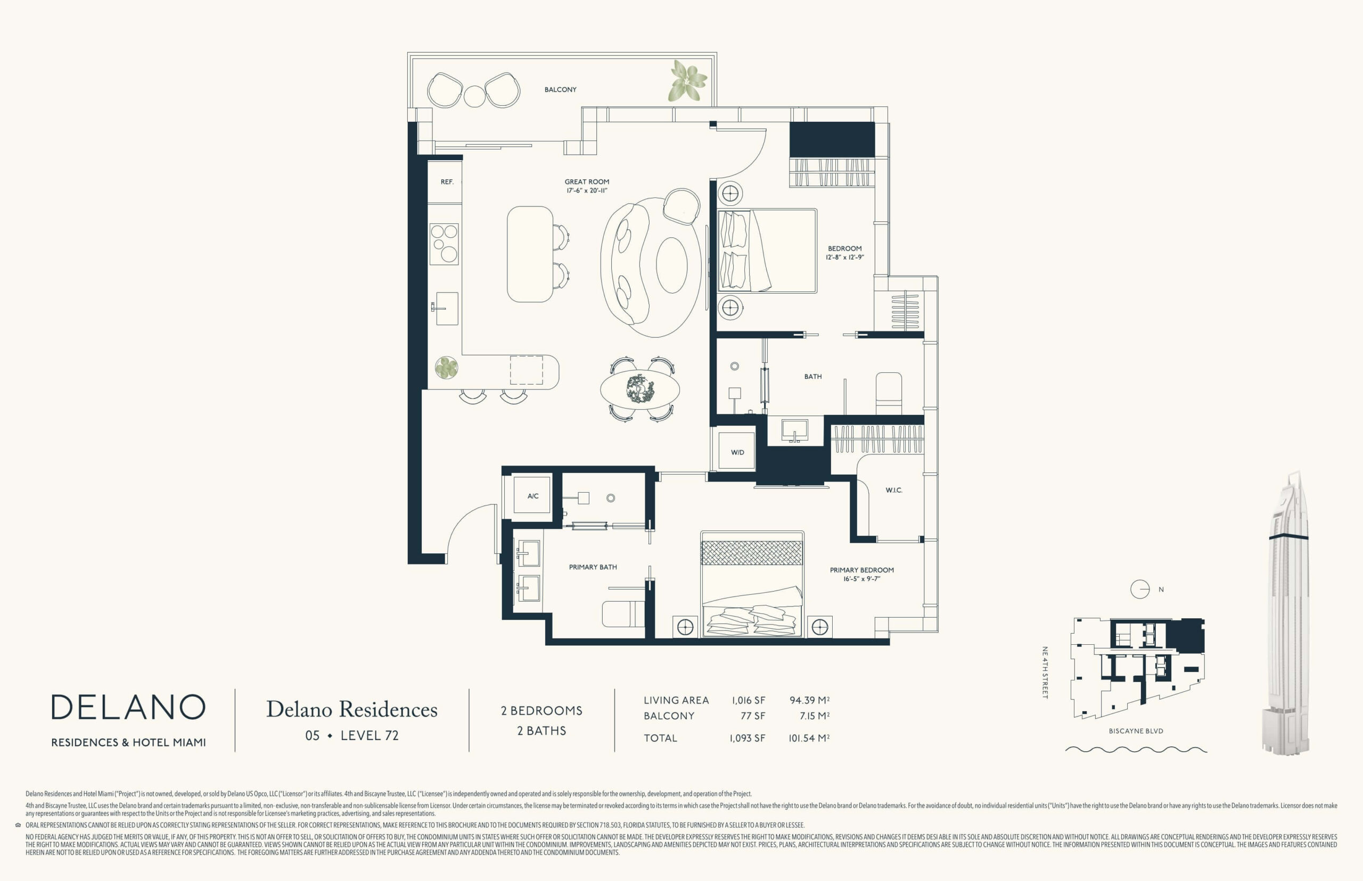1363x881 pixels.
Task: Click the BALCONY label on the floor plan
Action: [560, 90]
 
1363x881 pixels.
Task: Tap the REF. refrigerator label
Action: [447, 182]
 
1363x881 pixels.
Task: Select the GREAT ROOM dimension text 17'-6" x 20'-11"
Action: [587, 190]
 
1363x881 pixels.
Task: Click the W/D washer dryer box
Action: [737, 452]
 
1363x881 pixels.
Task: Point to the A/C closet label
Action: [533, 496]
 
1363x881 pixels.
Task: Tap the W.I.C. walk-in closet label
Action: [893, 491]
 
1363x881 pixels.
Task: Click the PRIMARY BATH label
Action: [593, 567]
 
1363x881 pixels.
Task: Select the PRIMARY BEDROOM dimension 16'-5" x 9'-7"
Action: [861, 579]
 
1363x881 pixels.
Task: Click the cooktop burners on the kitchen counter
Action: [444, 244]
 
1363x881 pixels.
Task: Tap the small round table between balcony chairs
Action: [474, 96]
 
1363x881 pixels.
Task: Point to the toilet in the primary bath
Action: [623, 614]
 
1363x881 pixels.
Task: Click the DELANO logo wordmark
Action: [128, 707]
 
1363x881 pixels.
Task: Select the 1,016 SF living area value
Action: [748, 700]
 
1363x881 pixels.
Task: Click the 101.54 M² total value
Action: [809, 738]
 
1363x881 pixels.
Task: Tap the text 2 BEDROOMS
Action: [541, 711]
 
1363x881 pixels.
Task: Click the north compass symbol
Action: [1140, 589]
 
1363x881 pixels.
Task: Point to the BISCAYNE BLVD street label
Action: [1136, 731]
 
